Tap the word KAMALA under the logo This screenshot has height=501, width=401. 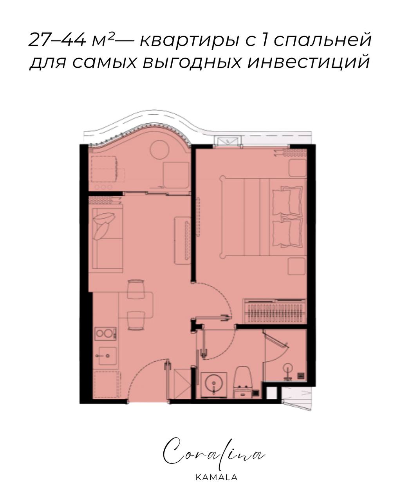[x=213, y=478]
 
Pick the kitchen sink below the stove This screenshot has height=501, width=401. [x=107, y=355]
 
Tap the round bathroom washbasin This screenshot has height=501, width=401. [x=213, y=382]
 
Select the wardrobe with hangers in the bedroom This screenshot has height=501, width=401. [x=274, y=311]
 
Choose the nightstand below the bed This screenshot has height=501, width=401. [x=297, y=266]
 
